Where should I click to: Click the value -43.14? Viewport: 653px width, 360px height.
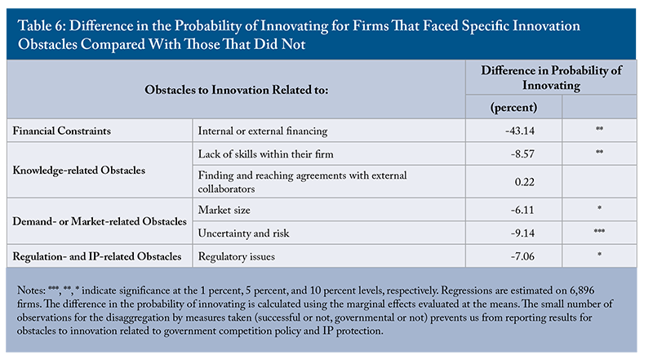(x=520, y=131)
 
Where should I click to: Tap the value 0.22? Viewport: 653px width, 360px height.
(x=524, y=182)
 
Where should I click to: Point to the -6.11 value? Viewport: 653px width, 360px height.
(x=522, y=210)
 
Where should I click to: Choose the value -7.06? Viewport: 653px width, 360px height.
(x=522, y=256)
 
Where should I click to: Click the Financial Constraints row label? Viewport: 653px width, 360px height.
(x=62, y=131)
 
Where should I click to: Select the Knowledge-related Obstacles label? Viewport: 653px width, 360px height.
(x=78, y=171)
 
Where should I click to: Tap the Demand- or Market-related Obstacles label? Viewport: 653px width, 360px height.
(x=100, y=221)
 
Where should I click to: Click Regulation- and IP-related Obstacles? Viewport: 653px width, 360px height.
(x=96, y=256)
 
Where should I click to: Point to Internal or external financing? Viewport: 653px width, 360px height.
(x=263, y=131)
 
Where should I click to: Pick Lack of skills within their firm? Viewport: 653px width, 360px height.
(x=266, y=154)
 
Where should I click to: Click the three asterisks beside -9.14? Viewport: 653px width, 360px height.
(x=599, y=231)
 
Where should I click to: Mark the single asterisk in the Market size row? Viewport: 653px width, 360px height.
(x=599, y=207)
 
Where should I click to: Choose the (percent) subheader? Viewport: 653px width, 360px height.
(x=513, y=108)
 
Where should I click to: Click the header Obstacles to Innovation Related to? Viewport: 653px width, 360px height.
(x=236, y=90)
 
